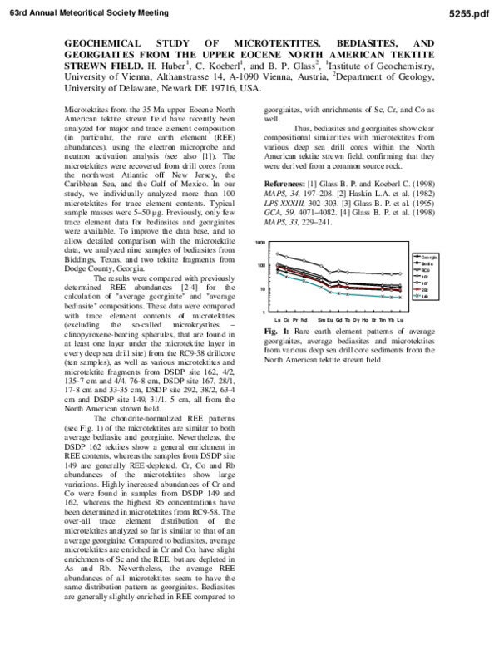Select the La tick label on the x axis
click(x=277, y=319)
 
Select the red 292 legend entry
click(x=426, y=290)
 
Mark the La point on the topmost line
click(x=277, y=254)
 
